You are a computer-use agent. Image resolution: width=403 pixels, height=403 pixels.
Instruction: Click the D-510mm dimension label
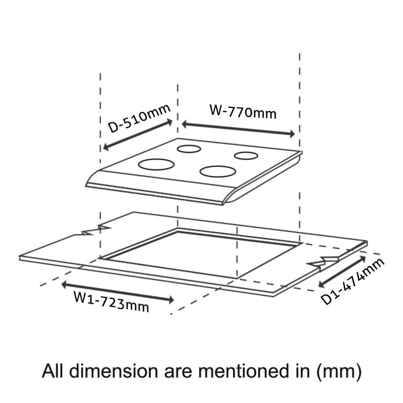pos(139,118)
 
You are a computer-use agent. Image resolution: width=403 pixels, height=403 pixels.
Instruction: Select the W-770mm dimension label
pos(243,111)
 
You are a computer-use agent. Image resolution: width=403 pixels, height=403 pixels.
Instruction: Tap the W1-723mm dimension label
pos(111,301)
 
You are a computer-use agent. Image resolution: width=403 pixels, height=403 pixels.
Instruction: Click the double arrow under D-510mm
pos(138,135)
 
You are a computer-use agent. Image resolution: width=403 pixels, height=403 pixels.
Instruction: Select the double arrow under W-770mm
pos(238,129)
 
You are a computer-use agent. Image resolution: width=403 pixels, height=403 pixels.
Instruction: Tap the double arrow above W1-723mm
pos(118,292)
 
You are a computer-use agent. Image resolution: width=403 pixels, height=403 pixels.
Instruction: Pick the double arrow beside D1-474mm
pos(342,272)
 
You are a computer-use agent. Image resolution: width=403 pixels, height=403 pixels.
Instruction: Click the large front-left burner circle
pos(156,165)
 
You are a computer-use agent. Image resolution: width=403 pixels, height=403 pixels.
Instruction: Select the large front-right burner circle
pos(218,171)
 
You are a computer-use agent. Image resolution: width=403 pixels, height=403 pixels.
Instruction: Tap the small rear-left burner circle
pos(189,149)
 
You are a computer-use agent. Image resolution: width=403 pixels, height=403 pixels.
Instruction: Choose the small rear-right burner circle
pos(246,156)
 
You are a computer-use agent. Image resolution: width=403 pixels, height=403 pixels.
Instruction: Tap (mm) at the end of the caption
pos(339,372)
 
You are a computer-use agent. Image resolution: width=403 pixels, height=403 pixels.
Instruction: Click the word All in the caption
pos(53,371)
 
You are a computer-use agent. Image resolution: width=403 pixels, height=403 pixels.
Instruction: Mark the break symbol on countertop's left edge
pos(96,230)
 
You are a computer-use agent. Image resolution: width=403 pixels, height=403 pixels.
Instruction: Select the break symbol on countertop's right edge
pos(323,262)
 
